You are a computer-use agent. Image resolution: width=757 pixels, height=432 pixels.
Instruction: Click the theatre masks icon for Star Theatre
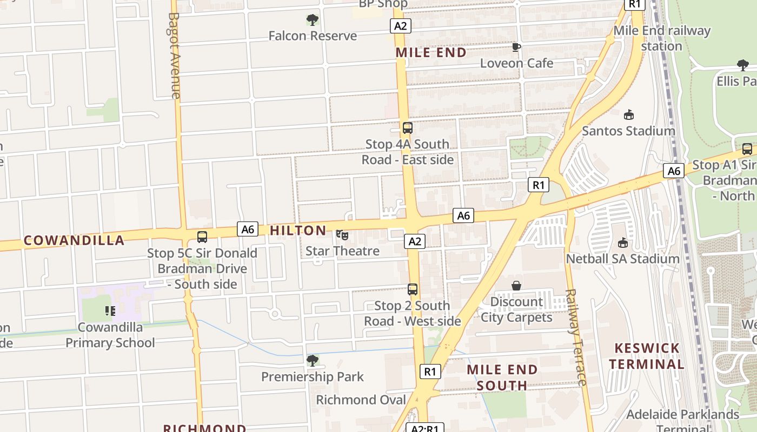click(x=342, y=235)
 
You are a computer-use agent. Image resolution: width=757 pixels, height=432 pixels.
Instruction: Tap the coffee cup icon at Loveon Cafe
click(x=516, y=47)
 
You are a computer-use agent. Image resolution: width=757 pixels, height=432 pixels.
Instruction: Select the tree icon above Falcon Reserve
click(x=312, y=20)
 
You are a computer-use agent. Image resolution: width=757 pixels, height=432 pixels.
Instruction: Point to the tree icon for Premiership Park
click(x=312, y=360)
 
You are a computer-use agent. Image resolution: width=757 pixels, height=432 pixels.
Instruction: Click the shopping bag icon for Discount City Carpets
click(x=516, y=285)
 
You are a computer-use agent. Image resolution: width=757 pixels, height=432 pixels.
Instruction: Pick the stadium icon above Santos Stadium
click(x=629, y=114)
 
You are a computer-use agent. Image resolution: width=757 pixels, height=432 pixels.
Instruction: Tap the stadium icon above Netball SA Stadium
click(x=623, y=242)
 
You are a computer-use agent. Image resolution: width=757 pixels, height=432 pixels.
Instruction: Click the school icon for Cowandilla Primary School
click(x=110, y=311)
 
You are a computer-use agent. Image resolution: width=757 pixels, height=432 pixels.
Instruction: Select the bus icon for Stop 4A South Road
click(x=408, y=128)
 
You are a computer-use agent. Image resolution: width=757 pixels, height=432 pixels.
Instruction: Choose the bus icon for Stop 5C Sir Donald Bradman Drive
click(x=202, y=237)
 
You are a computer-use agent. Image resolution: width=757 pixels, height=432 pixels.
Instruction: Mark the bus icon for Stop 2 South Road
click(x=413, y=289)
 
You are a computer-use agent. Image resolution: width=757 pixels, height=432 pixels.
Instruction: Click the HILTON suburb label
click(x=298, y=231)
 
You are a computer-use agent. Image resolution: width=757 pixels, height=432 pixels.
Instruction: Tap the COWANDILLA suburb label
click(x=74, y=241)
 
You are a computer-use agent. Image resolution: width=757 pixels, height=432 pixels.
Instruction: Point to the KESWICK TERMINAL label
click(x=647, y=356)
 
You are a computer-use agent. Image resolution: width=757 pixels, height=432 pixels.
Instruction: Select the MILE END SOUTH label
click(x=502, y=377)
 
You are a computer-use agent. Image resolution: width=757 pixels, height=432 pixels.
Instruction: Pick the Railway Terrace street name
click(x=575, y=337)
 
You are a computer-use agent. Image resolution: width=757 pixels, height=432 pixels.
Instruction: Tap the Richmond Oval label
click(x=361, y=400)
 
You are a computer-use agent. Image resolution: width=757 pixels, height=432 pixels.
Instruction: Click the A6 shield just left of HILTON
click(x=247, y=229)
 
